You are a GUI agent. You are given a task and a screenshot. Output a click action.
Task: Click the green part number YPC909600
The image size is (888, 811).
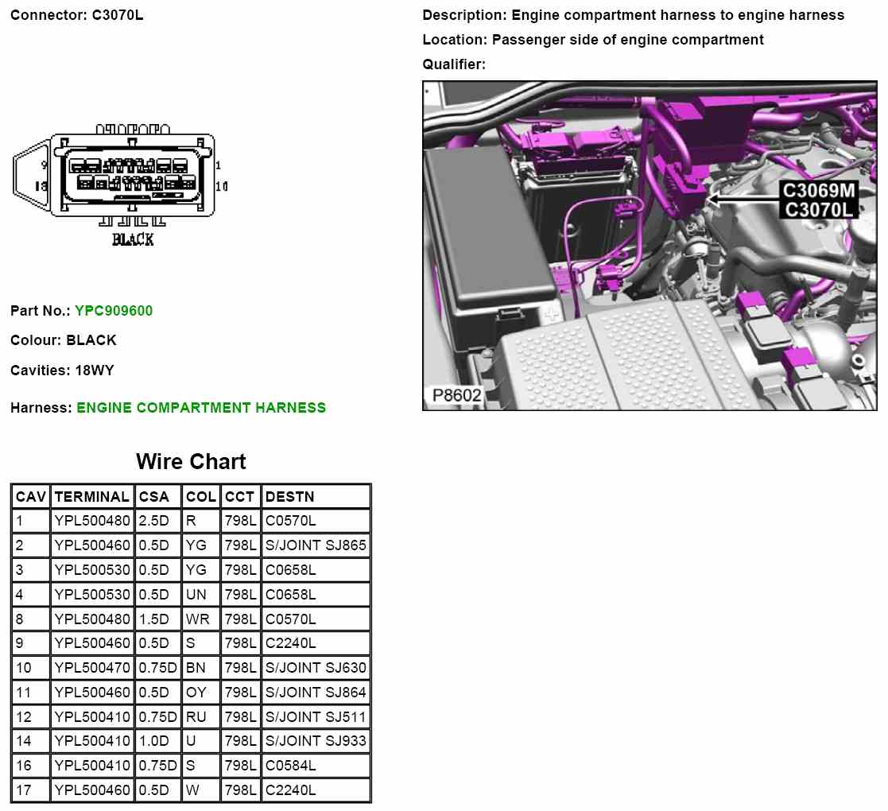pyautogui.click(x=114, y=311)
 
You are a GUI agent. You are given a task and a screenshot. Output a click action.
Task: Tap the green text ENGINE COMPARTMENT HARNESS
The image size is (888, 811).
pyautogui.click(x=201, y=408)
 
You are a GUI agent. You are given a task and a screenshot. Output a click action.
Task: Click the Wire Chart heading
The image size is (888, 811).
pyautogui.click(x=191, y=462)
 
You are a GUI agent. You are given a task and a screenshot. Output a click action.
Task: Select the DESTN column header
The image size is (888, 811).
pyautogui.click(x=289, y=497)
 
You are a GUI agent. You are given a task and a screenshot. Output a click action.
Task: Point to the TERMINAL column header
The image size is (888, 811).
pyautogui.click(x=91, y=497)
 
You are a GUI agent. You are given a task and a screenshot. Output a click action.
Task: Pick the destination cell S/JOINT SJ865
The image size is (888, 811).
pyautogui.click(x=316, y=545)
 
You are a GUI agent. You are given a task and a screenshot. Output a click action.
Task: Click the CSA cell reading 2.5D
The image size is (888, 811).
pyautogui.click(x=153, y=521)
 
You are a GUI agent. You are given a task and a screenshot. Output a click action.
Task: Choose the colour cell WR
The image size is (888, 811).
pyautogui.click(x=198, y=619)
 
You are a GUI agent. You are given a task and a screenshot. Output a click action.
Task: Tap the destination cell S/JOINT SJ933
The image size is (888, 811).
pyautogui.click(x=316, y=741)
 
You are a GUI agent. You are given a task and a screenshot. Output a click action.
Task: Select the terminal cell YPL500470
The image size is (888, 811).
pyautogui.click(x=92, y=668)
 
